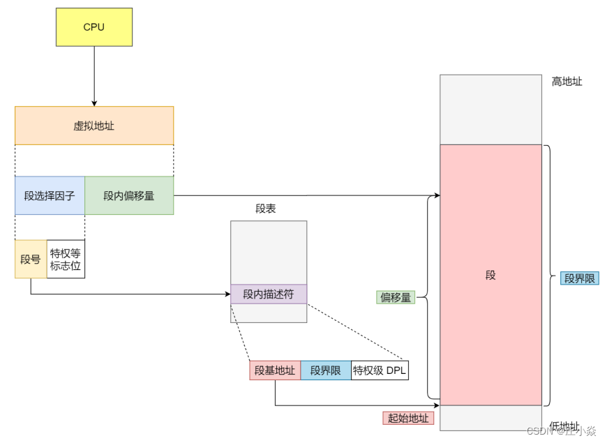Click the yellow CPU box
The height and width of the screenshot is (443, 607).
[x=94, y=27]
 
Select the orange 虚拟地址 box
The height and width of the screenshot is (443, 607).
[x=94, y=126]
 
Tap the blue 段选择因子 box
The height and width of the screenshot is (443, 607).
[x=50, y=195]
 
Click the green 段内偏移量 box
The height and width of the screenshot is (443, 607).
[x=129, y=195]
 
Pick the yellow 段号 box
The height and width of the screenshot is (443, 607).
[x=31, y=260]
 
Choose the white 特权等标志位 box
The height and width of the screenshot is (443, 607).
[x=66, y=260]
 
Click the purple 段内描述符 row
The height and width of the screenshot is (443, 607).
[x=269, y=294]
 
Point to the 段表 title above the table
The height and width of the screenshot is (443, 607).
[x=266, y=209]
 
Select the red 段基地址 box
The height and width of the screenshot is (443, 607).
[x=275, y=370]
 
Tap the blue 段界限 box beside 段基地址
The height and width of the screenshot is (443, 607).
[x=326, y=370]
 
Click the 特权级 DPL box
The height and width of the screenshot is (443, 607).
[x=380, y=370]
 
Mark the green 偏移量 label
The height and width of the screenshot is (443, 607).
[x=395, y=297]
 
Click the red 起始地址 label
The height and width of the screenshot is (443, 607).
[x=408, y=418]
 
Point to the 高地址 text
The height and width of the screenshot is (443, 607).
[x=567, y=82]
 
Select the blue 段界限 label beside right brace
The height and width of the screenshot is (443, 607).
[x=580, y=278]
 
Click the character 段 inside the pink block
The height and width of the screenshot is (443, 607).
[x=490, y=275]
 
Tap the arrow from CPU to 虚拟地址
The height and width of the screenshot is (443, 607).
[x=94, y=77]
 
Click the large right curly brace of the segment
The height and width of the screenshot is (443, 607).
[x=550, y=276]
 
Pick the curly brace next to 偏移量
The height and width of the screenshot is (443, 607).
[x=426, y=297]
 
